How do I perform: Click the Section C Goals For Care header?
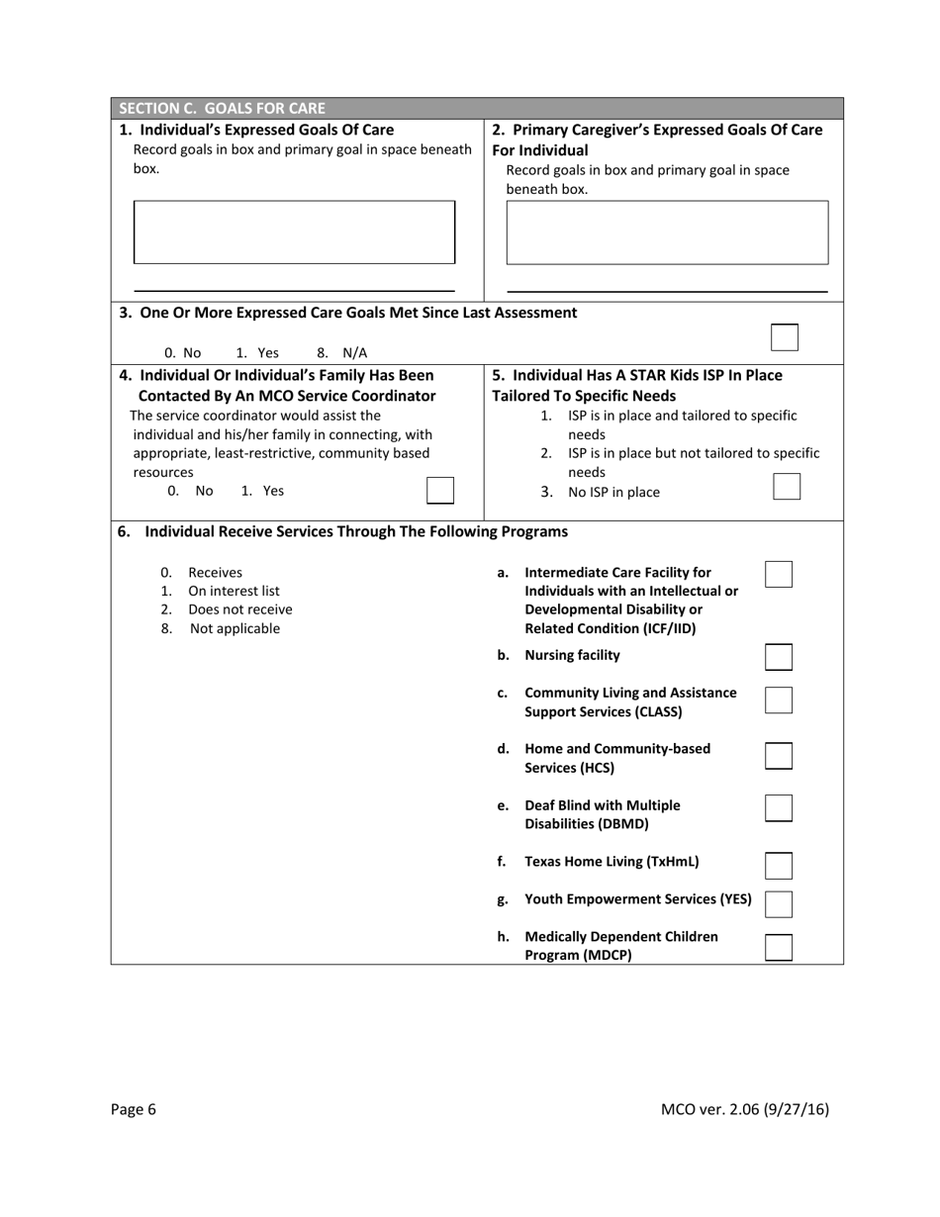click(x=222, y=108)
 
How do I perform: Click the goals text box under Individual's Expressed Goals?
click(x=294, y=233)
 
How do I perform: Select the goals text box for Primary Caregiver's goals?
click(x=667, y=233)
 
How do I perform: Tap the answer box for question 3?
click(x=784, y=337)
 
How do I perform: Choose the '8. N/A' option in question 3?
click(x=341, y=352)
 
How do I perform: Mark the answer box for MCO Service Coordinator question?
click(x=439, y=491)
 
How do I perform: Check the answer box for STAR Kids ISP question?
click(x=786, y=487)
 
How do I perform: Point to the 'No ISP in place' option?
click(x=612, y=492)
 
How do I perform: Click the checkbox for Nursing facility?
click(x=779, y=657)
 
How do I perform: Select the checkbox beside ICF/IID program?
click(x=779, y=575)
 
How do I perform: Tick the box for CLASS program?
click(x=779, y=701)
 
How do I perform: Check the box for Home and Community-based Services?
click(x=779, y=756)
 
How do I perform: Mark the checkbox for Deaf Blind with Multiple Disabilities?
click(x=779, y=807)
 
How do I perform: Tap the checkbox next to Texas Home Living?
click(x=779, y=866)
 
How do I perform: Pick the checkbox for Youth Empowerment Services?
click(x=779, y=903)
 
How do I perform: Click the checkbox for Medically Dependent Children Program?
click(x=779, y=948)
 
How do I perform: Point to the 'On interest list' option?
click(x=234, y=591)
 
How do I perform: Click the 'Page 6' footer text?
click(x=134, y=1109)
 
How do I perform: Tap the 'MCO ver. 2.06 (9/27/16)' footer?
click(x=744, y=1109)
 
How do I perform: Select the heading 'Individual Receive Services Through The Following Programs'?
click(x=355, y=531)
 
